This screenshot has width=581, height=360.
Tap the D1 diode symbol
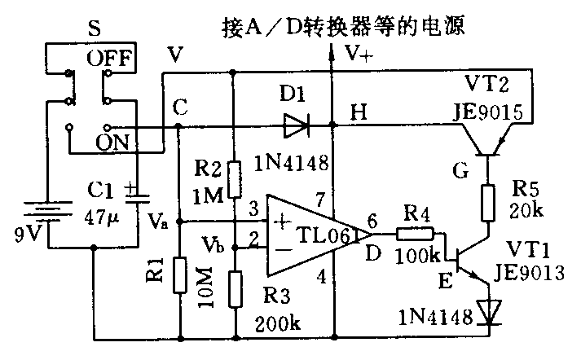(x=294, y=125)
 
